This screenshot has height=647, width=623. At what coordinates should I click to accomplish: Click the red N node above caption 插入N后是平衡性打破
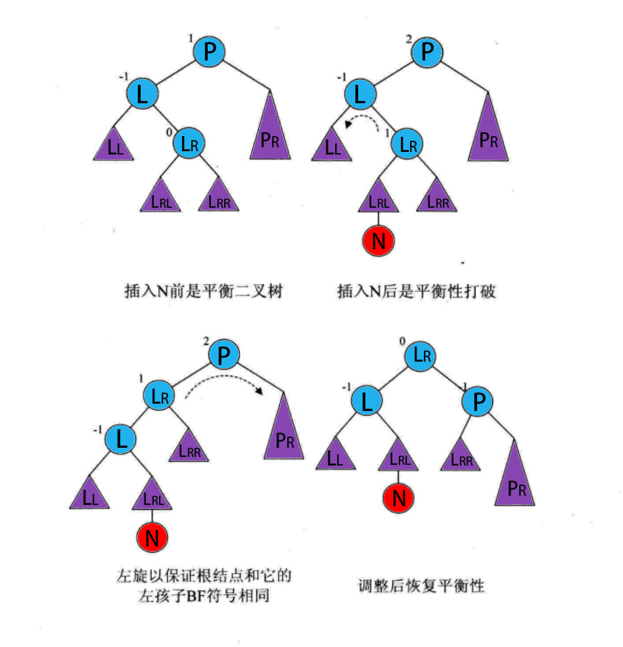coord(378,242)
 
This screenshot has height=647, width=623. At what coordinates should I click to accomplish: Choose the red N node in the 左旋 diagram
coord(152,538)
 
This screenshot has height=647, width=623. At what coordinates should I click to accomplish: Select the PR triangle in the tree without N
coord(270,132)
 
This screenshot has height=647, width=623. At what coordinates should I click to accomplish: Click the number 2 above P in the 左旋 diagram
coord(206,342)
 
